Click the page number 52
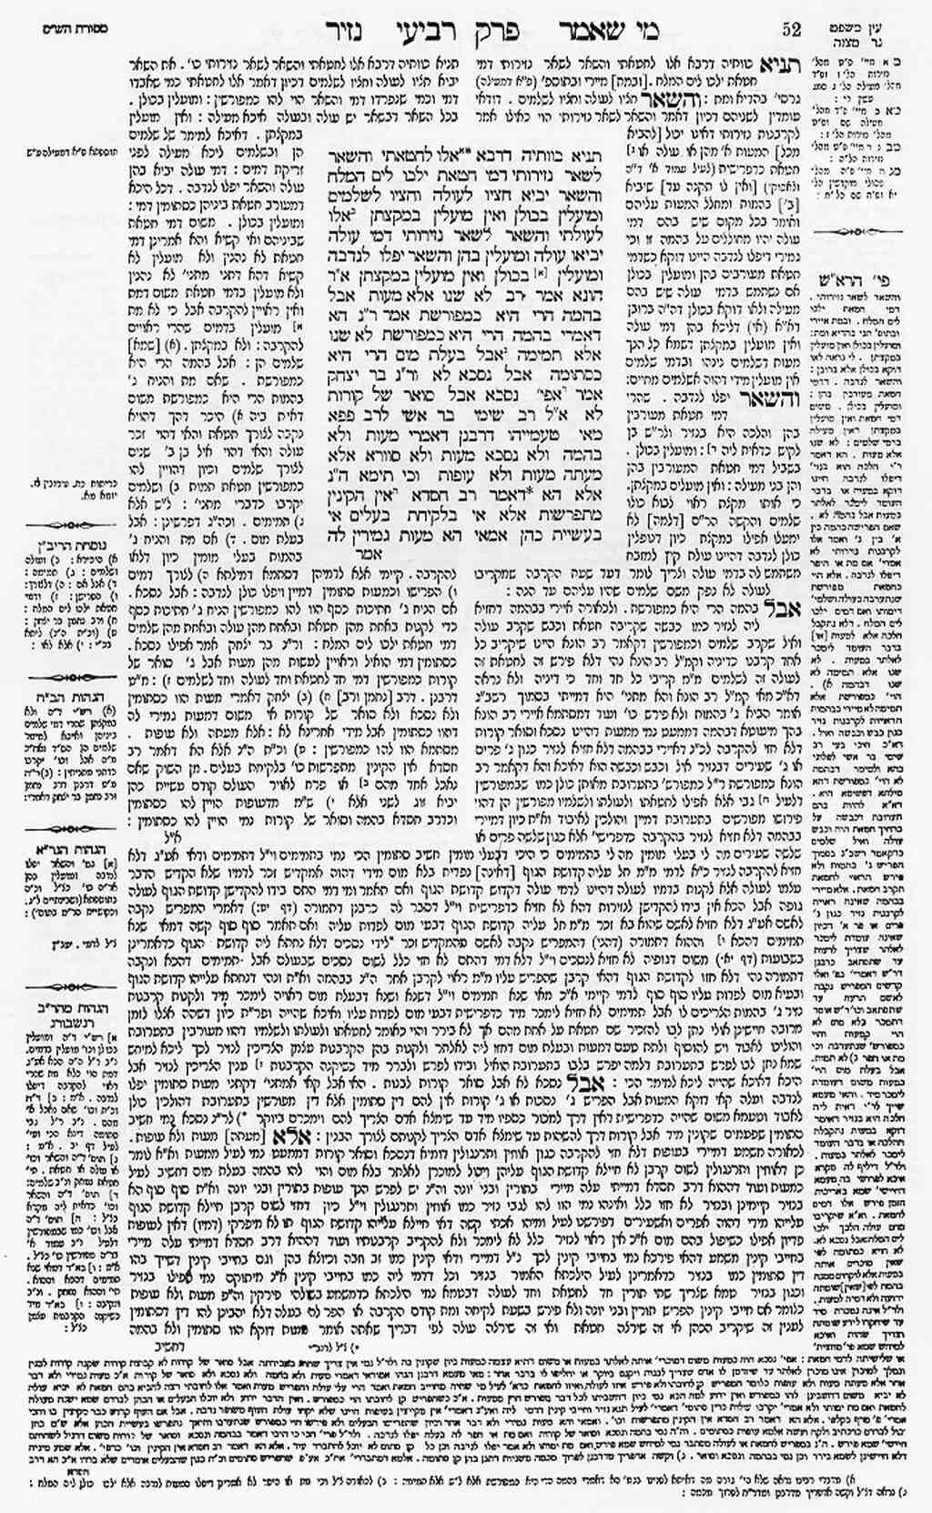pos(791,29)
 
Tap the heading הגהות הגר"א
pos(66,851)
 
